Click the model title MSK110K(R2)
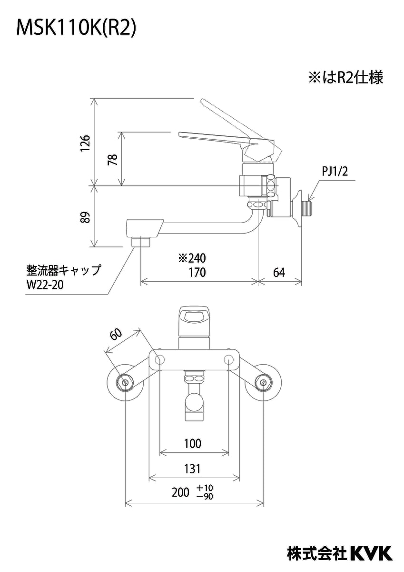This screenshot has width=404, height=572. click(76, 29)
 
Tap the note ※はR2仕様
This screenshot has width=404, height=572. click(345, 78)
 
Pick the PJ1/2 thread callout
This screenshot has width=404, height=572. click(335, 171)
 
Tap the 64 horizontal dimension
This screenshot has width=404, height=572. click(279, 272)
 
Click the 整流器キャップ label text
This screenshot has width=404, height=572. click(63, 271)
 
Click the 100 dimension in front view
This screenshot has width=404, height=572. click(192, 443)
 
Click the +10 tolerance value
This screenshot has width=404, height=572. click(205, 489)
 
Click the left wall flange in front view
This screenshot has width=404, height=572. click(126, 382)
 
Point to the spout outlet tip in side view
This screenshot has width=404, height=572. click(141, 241)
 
